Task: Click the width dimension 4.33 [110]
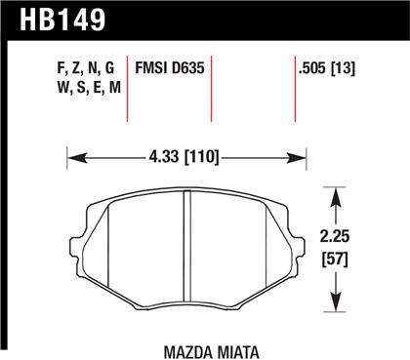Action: (x=185, y=154)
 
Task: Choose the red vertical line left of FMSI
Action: (x=129, y=93)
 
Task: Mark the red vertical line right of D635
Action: (x=212, y=93)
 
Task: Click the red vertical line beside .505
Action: (x=297, y=93)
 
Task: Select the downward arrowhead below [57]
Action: (x=337, y=298)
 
